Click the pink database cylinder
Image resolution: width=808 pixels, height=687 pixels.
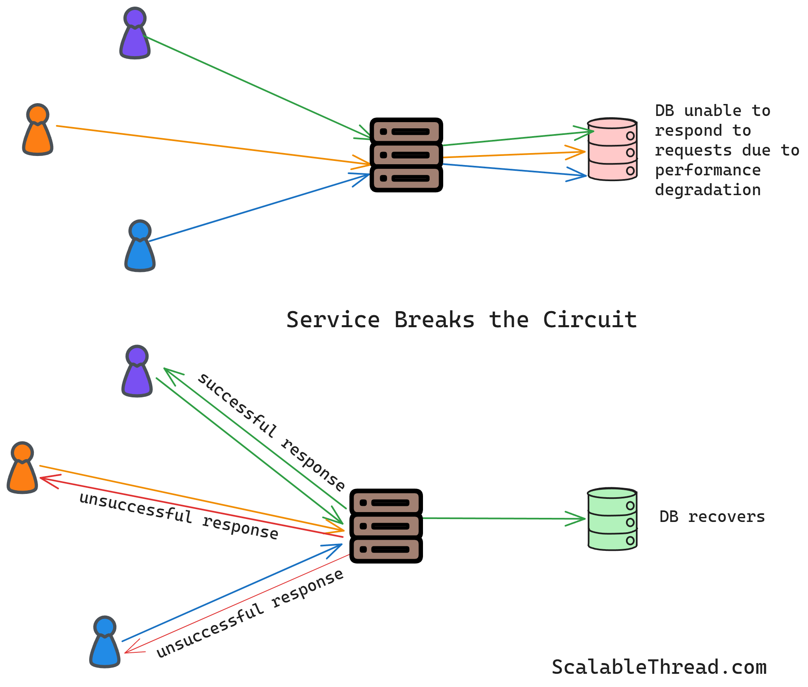tap(612, 149)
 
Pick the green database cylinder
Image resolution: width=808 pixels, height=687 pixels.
tap(612, 519)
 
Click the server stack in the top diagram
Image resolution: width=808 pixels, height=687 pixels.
tap(406, 155)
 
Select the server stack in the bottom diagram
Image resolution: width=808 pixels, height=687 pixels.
tap(386, 526)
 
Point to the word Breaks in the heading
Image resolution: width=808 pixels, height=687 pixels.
tap(434, 320)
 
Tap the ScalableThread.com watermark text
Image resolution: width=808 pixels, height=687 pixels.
tap(659, 667)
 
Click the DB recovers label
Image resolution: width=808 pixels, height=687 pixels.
tap(712, 517)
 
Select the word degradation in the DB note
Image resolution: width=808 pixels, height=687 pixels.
tap(707, 190)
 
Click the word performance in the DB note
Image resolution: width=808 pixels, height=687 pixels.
tap(707, 170)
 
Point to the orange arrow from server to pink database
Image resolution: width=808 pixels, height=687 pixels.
tap(512, 155)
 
